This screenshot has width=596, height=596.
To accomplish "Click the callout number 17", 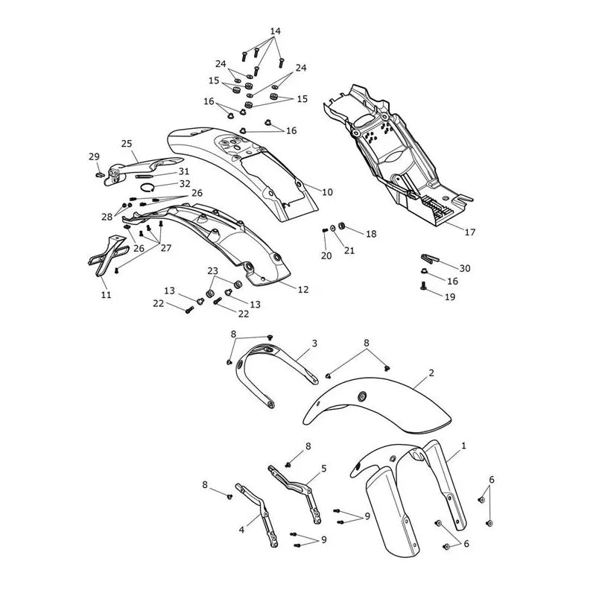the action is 470,232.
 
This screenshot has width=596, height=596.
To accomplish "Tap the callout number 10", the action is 327,192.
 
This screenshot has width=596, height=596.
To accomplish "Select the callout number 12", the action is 303,290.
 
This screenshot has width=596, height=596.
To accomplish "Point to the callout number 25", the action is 127,144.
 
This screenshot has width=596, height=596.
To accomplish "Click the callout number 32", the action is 185,184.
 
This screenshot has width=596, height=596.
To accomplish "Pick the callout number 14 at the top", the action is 276,31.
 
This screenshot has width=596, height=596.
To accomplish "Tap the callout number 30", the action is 465,268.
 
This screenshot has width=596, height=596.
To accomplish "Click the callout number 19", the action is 450,297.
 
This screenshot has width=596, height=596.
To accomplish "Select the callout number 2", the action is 431,373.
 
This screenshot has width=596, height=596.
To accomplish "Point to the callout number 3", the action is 314,343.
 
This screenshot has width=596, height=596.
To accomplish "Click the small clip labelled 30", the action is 430,259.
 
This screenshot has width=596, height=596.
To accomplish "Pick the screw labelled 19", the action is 422,285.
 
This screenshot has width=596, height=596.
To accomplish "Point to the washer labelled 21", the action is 333,228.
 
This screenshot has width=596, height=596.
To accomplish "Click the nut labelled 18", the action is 341,226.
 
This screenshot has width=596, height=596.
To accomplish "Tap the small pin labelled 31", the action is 144,176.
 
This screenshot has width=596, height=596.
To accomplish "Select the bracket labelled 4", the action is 262,515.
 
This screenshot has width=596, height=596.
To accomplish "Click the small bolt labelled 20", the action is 325,230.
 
